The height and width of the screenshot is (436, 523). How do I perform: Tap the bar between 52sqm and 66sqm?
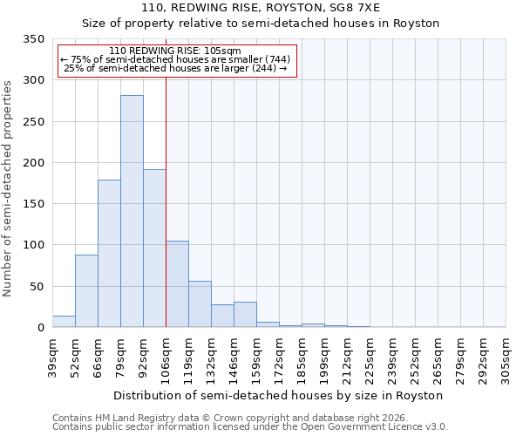coord(86,290)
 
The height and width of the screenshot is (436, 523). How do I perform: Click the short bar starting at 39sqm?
coord(64,321)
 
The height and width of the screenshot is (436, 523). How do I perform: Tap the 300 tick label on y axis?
coord(33,80)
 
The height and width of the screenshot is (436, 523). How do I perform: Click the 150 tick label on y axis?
coord(33,204)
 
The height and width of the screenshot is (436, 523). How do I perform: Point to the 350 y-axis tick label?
coord(33,39)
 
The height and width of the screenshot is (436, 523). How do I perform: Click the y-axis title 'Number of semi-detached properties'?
coord(9,187)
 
